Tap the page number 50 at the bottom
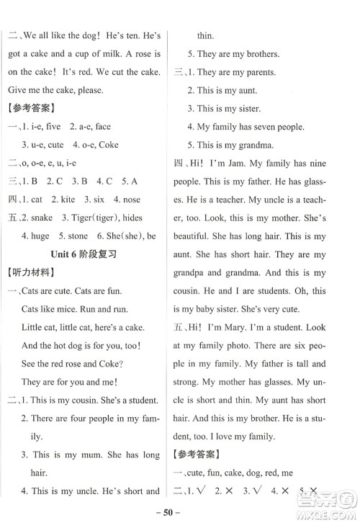(180, 512)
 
